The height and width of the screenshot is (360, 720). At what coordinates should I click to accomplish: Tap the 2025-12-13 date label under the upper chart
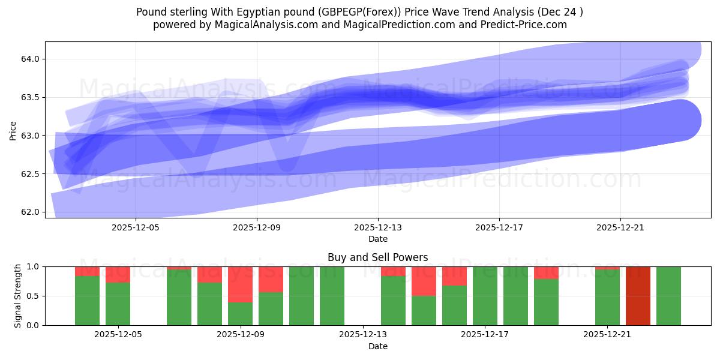pos(378,228)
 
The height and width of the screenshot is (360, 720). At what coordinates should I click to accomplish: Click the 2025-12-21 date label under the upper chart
pos(620,228)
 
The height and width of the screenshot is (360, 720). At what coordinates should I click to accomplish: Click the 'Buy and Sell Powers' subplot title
pos(378,257)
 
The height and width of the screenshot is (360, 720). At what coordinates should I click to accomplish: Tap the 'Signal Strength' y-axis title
pos(18,296)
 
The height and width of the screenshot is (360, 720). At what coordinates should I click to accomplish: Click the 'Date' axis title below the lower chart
pos(378,346)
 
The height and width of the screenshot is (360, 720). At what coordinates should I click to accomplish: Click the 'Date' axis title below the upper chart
pos(378,239)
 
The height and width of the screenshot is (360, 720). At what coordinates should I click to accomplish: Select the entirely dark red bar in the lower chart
pos(638,296)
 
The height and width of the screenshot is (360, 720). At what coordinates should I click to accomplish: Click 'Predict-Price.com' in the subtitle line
pos(527,25)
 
